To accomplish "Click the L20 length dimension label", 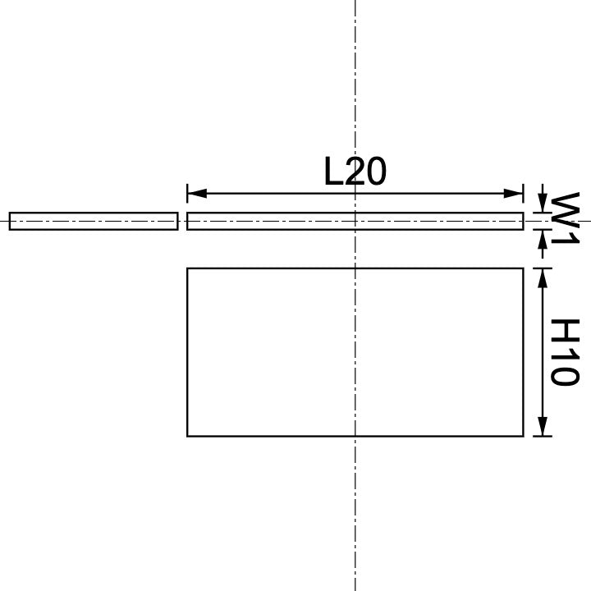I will pyautogui.click(x=355, y=172).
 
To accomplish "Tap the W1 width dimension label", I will pyautogui.click(x=565, y=218).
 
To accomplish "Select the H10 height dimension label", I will pyautogui.click(x=565, y=352).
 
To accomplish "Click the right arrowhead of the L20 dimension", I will pyautogui.click(x=515, y=194).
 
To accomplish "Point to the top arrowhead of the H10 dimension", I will pyautogui.click(x=542, y=277).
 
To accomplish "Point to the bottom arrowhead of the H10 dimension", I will pyautogui.click(x=542, y=427).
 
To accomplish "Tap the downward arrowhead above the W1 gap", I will pyautogui.click(x=542, y=205).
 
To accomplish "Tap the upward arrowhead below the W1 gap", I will pyautogui.click(x=542, y=238).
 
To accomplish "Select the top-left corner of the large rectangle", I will pyautogui.click(x=188, y=268).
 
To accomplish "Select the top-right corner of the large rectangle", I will pyautogui.click(x=523, y=268).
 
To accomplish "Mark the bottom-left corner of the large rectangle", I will pyautogui.click(x=188, y=435).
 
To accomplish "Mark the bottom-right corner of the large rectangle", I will pyautogui.click(x=523, y=435).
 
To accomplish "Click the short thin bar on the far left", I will pyautogui.click(x=94, y=222).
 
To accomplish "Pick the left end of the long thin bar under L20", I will pyautogui.click(x=189, y=222).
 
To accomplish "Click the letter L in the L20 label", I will pyautogui.click(x=333, y=172).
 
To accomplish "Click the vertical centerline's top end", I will pyautogui.click(x=355, y=3).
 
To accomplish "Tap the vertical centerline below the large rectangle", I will pyautogui.click(x=355, y=509).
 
